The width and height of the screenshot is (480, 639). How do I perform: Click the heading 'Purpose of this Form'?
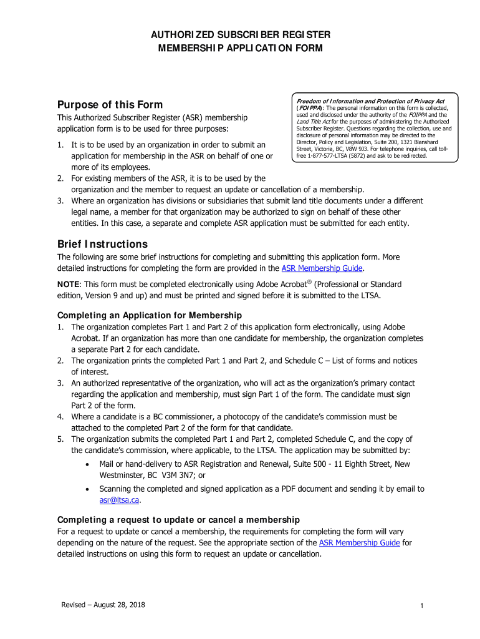point(110,104)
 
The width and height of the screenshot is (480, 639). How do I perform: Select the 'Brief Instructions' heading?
point(102,243)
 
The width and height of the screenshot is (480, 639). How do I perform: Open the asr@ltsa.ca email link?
point(119,500)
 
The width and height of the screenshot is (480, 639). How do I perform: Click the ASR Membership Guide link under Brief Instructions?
point(322,268)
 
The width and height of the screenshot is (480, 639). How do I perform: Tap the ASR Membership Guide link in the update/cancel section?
point(359,543)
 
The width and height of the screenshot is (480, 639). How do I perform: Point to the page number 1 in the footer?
point(422,606)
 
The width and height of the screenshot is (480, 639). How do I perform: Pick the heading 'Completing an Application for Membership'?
point(150,315)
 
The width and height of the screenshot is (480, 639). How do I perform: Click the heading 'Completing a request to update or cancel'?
point(178,520)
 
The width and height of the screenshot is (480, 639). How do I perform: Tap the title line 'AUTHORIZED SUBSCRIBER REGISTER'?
point(239,34)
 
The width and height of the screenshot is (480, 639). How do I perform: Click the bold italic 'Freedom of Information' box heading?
point(370,101)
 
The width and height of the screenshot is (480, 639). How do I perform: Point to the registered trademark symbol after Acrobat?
point(309,281)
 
